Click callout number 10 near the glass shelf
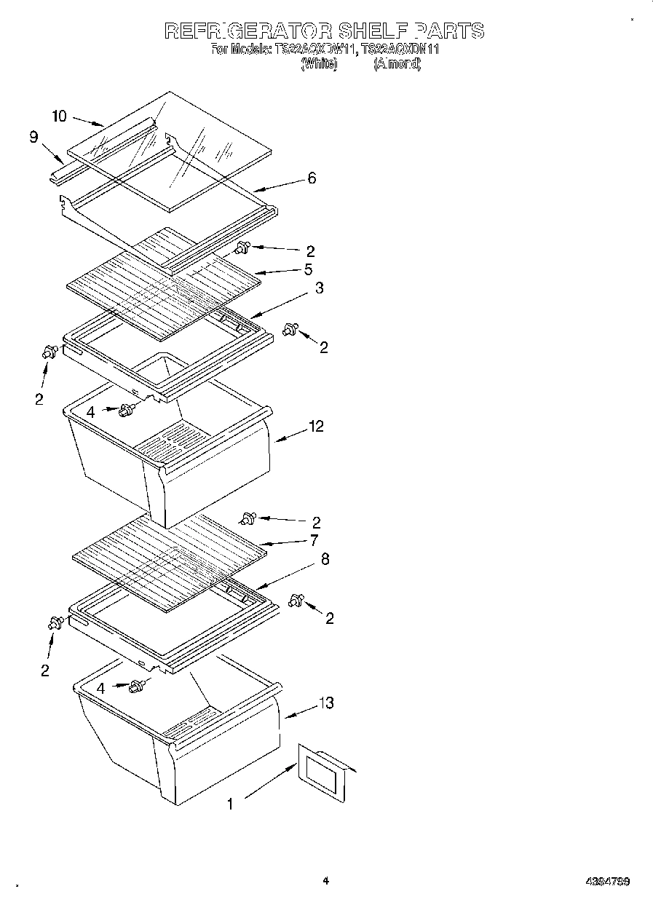coord(60,116)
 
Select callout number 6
coord(312,178)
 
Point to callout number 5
coord(309,269)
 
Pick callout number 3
coord(320,288)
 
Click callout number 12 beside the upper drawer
coord(316,426)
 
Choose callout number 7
coord(314,540)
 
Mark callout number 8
coord(325,559)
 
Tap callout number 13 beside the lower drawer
coord(326,703)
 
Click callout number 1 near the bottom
coord(230,804)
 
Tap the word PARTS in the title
coord(449,31)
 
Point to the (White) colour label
coord(319,64)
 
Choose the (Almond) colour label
coord(397,64)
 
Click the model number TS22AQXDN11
coord(400,50)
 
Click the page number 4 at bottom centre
coord(326,881)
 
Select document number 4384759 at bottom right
coord(607,882)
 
